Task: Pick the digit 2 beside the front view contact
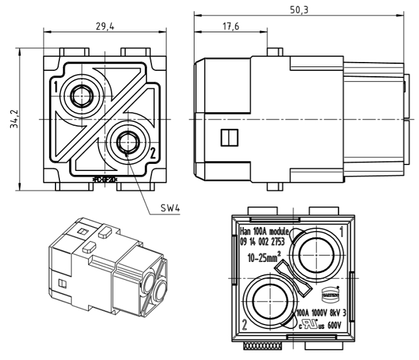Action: pos(152,153)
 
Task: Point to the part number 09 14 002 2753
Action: pos(262,242)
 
